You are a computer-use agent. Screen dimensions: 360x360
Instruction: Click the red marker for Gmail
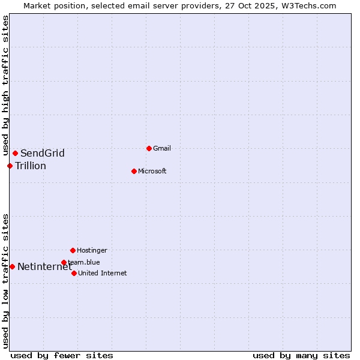pos(149,148)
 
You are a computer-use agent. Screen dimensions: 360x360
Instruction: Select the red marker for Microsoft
pos(134,171)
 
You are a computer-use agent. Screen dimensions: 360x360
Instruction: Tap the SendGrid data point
pos(15,153)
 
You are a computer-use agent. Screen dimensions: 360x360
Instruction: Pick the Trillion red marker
pos(10,166)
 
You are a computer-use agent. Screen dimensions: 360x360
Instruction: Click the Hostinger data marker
pos(73,250)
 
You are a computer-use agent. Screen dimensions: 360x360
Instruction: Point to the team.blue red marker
pos(64,262)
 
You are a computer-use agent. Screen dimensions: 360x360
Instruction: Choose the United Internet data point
pos(74,273)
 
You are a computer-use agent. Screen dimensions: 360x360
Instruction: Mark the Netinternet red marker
pos(12,266)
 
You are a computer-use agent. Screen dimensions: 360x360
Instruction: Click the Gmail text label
pos(162,148)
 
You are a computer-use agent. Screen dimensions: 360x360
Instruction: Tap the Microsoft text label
pos(152,171)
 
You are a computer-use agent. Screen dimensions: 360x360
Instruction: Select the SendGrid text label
pos(43,153)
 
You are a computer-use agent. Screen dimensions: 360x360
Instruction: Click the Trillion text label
pos(31,166)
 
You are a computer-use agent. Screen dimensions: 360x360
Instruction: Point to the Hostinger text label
pos(92,250)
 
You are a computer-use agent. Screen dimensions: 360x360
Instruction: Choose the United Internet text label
pos(102,273)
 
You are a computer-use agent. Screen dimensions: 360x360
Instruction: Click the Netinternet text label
pos(44,266)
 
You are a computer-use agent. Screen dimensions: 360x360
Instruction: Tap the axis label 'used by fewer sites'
pos(62,355)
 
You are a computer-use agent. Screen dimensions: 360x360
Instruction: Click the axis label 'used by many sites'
pos(301,355)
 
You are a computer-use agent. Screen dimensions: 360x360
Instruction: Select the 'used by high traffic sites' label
pos(5,86)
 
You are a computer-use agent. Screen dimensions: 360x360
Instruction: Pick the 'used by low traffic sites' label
pos(5,281)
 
